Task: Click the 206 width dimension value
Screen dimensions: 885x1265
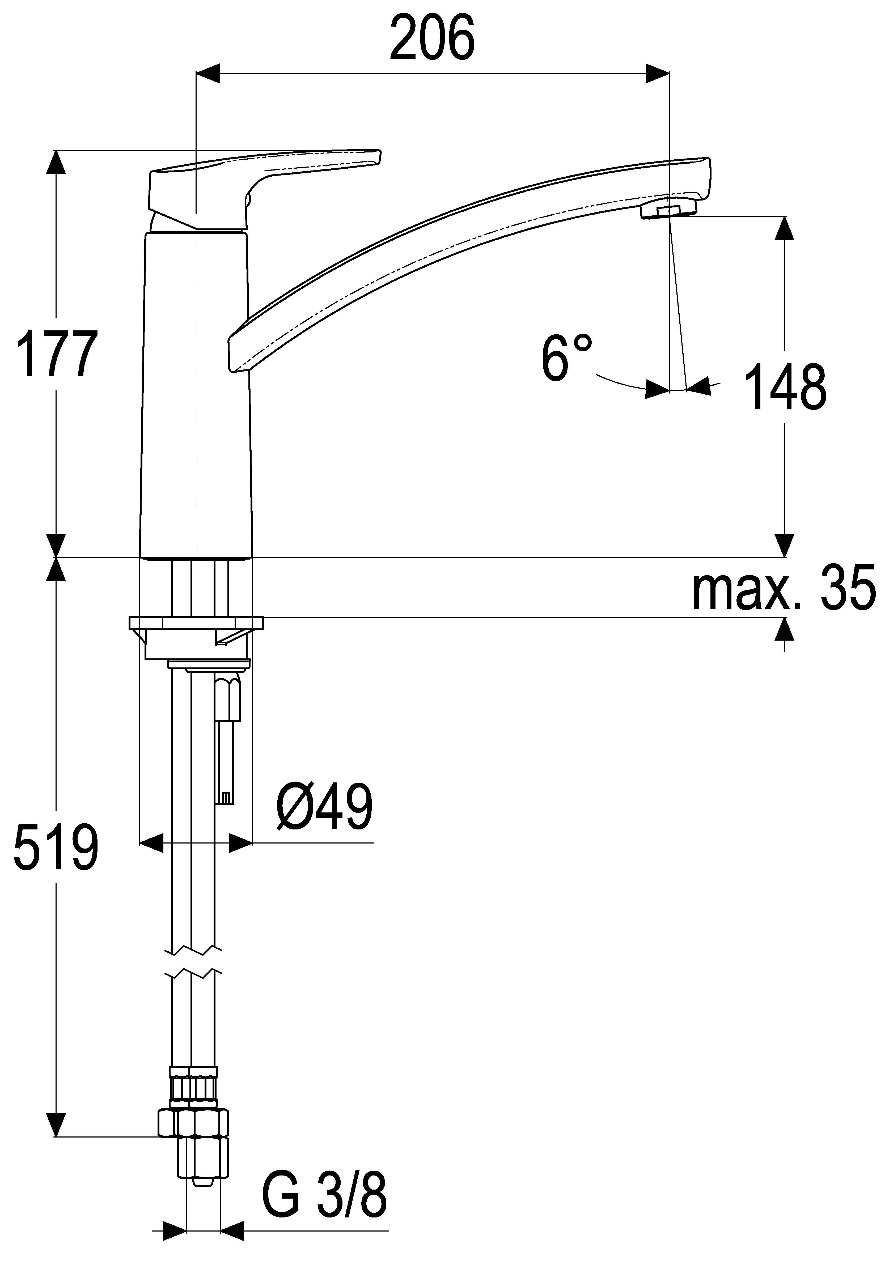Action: pos(432,39)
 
